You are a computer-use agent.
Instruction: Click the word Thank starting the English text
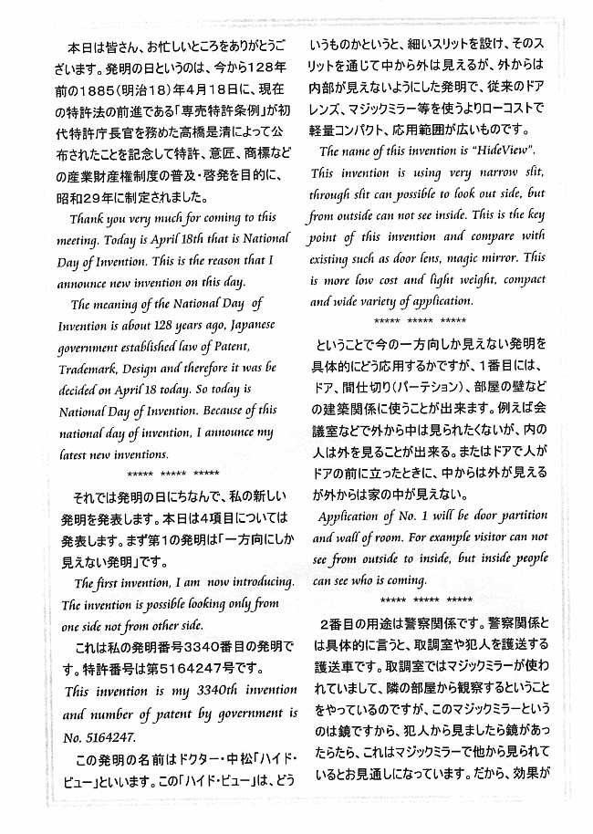[91, 218]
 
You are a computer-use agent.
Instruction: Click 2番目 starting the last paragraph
[338, 623]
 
